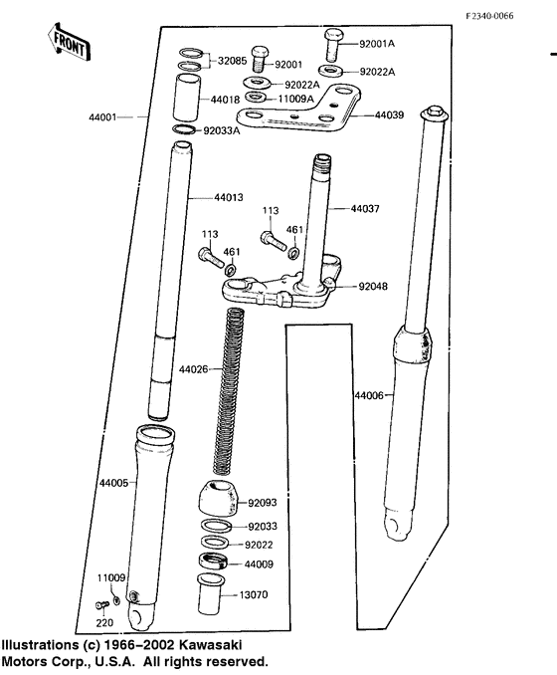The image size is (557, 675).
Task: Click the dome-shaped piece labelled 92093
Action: (x=219, y=498)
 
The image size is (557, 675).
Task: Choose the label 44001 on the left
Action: (x=101, y=116)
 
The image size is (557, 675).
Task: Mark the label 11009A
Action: (x=294, y=100)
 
